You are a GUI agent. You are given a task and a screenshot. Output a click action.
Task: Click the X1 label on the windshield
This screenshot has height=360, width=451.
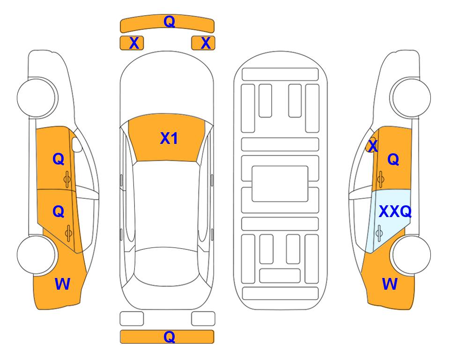[x=169, y=138]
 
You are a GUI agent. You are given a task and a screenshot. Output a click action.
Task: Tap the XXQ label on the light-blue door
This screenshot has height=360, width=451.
[x=395, y=211]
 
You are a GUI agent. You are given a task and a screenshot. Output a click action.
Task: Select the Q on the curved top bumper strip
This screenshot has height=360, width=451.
[x=169, y=21]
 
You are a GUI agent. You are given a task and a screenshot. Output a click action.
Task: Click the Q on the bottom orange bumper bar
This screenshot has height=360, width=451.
[x=169, y=337]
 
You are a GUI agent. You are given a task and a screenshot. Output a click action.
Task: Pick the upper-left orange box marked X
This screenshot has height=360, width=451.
[x=132, y=43]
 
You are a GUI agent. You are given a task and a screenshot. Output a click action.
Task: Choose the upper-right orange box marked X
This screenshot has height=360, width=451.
[x=203, y=43]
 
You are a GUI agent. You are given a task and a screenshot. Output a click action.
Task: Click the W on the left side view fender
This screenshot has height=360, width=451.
[x=62, y=284]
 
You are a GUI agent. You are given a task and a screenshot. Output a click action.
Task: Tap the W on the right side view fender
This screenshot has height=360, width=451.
[x=390, y=284]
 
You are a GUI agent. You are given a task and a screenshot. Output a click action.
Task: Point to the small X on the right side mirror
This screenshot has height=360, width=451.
[x=373, y=145]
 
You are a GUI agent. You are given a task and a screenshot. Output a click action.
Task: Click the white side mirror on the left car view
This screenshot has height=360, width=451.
[x=77, y=144]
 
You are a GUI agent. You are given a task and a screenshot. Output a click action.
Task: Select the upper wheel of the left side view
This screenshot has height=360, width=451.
[x=37, y=97]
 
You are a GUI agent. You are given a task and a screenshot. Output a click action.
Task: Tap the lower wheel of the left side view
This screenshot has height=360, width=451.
[x=37, y=255]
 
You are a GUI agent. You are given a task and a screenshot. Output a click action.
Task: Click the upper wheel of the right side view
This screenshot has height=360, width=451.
[x=410, y=97]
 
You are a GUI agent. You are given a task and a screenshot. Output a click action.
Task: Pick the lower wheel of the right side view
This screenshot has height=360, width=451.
[x=410, y=255]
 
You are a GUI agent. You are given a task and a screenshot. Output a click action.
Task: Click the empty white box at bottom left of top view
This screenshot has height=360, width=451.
[x=132, y=319]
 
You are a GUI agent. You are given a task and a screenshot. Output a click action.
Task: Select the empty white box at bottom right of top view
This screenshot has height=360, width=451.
[x=203, y=319]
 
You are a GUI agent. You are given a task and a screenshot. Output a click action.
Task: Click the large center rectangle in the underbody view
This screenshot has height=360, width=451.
[x=280, y=184]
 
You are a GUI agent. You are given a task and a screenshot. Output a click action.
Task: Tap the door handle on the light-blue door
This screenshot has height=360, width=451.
[x=379, y=233]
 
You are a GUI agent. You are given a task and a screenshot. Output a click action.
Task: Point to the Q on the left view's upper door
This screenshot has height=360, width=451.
[x=59, y=159]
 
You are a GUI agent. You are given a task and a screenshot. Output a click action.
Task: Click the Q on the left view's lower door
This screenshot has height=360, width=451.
[x=59, y=211]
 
